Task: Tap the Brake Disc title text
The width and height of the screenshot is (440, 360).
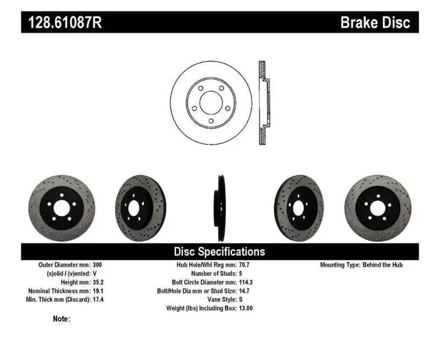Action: coord(375,23)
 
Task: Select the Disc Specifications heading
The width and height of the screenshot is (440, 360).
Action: coord(219,251)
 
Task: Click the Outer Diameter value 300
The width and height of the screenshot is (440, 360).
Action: coord(97,265)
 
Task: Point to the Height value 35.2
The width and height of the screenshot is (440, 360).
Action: coord(98,283)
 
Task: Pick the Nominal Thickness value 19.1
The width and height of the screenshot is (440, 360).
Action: coord(98,292)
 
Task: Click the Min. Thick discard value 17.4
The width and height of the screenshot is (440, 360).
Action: coord(98,300)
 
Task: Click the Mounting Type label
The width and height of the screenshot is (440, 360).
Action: coord(339,265)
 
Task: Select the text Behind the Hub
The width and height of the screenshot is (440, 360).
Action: coord(383,265)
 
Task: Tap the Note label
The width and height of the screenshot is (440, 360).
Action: coord(61,319)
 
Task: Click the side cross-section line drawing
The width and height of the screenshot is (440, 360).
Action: coord(263,103)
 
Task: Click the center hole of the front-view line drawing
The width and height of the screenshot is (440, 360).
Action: coord(211,102)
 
